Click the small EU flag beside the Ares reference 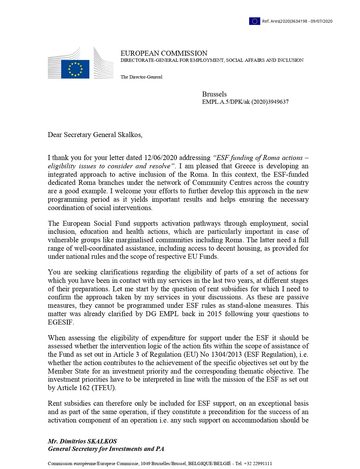click(x=255, y=21)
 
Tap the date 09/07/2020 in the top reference click(x=321, y=21)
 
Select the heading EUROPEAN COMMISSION click(x=164, y=53)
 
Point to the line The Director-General click(x=141, y=77)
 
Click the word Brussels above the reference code click(x=214, y=94)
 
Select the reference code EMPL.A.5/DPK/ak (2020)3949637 click(x=245, y=102)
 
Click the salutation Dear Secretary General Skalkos click(x=95, y=135)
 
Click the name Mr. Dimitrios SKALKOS click(x=82, y=441)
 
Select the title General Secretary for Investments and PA click(x=106, y=449)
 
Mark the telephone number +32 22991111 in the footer click(x=258, y=464)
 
